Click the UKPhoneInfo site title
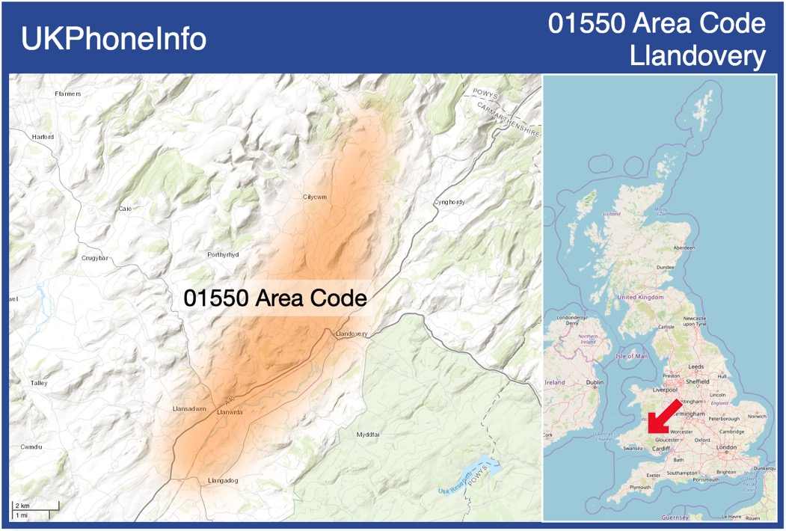coord(114,39)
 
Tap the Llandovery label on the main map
coord(351,334)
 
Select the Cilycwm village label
coord(315,197)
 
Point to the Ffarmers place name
coord(68,93)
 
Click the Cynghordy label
coord(449,203)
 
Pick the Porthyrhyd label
coord(223,255)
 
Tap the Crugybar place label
coord(95,258)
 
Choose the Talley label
coord(39,383)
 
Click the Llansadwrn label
coord(189,409)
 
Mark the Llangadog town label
coord(222,481)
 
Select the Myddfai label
coord(368,435)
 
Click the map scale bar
coord(34,511)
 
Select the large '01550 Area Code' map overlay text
coord(275,298)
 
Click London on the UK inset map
coord(726,447)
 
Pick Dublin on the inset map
coord(595,382)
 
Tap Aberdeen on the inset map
coord(684,248)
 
